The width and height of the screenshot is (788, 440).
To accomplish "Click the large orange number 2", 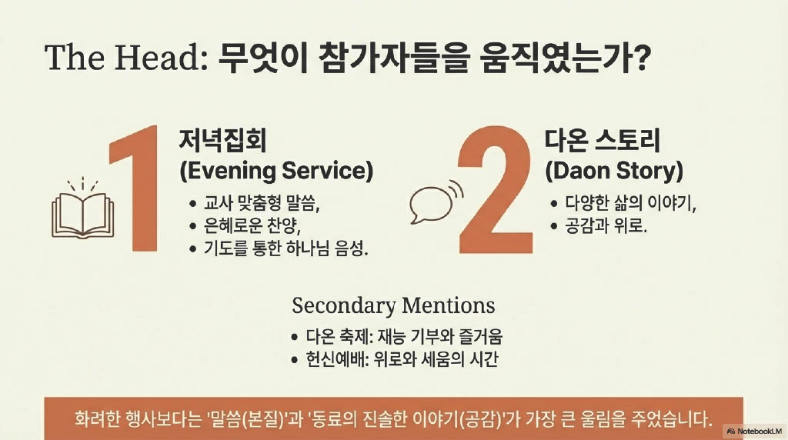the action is pyautogui.click(x=496, y=190).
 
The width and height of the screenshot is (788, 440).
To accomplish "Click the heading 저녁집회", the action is pyautogui.click(x=222, y=140).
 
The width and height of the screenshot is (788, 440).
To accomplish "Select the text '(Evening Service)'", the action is pyautogui.click(x=276, y=171).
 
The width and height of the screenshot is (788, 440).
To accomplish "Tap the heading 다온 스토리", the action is pyautogui.click(x=602, y=140).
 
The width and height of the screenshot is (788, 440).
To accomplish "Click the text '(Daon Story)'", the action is pyautogui.click(x=614, y=171).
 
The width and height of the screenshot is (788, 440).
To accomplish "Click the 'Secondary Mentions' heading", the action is pyautogui.click(x=393, y=305).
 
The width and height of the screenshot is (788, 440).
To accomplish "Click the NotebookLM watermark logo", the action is pyautogui.click(x=754, y=431).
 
